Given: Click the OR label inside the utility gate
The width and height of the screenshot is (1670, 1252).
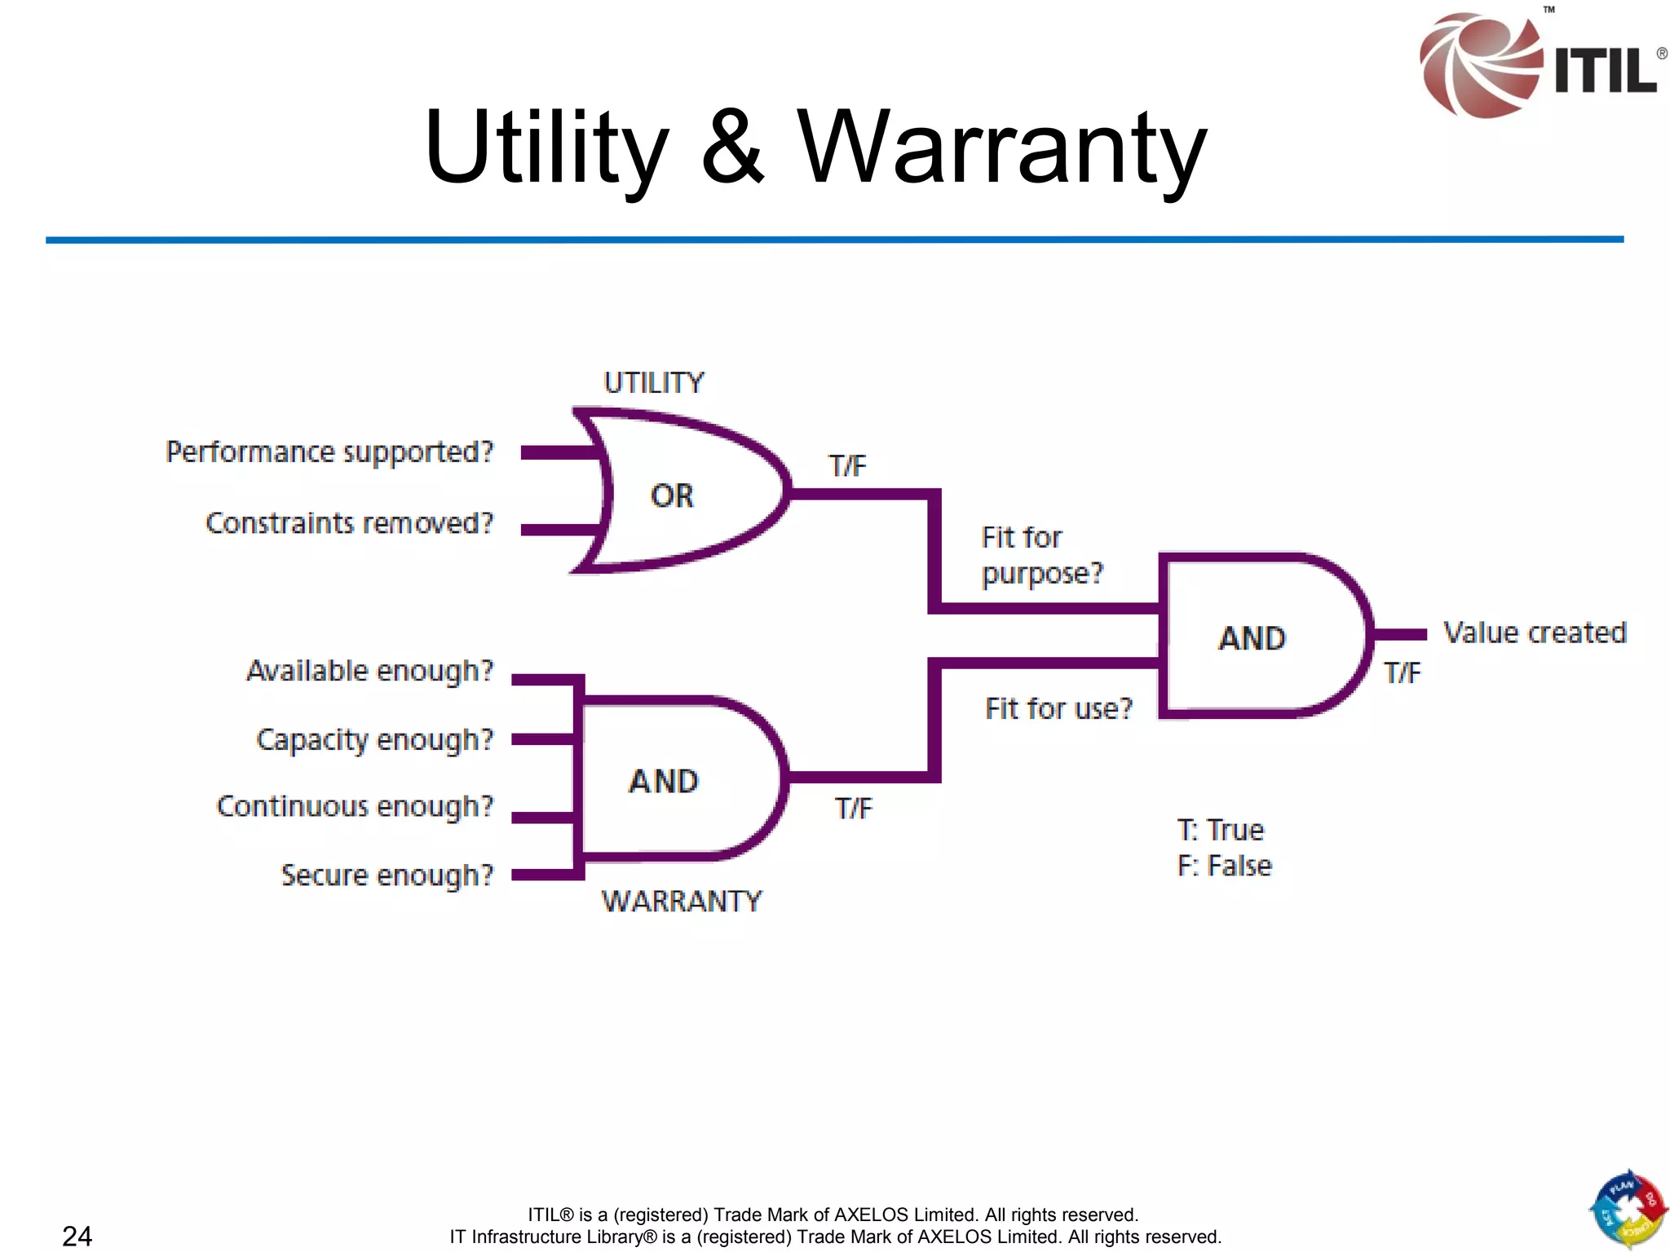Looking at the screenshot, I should click(x=672, y=496).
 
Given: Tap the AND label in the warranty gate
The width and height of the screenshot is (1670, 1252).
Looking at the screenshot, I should click(x=664, y=782).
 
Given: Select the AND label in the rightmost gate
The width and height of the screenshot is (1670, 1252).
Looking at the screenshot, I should click(x=1252, y=638).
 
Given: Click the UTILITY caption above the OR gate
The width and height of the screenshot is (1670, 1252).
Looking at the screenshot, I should click(x=653, y=383).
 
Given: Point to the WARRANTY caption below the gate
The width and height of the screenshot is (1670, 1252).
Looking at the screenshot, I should click(x=682, y=902).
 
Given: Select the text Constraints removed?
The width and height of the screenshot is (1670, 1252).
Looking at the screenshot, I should click(x=349, y=523).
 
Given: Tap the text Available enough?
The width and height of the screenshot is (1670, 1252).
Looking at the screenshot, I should click(x=369, y=672).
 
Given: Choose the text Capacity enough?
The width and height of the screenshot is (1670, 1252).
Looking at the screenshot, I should click(x=374, y=740).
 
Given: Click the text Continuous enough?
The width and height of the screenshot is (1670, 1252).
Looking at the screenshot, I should click(x=355, y=807).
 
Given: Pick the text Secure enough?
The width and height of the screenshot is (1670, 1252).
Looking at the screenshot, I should click(x=387, y=875).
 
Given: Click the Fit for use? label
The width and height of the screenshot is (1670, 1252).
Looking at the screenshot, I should click(x=1058, y=709).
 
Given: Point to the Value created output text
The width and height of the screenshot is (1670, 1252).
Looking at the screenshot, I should click(x=1535, y=633).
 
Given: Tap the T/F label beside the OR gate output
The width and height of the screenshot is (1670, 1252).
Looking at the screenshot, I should click(x=847, y=466).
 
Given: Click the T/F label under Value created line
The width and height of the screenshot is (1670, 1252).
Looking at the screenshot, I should click(x=1402, y=673).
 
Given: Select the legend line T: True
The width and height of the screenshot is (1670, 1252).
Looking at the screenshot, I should click(x=1220, y=831).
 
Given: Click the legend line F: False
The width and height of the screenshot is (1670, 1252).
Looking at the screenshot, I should click(x=1224, y=866).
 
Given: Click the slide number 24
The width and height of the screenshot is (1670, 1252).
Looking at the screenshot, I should click(x=77, y=1236).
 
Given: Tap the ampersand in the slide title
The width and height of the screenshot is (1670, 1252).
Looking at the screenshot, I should click(x=732, y=147).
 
